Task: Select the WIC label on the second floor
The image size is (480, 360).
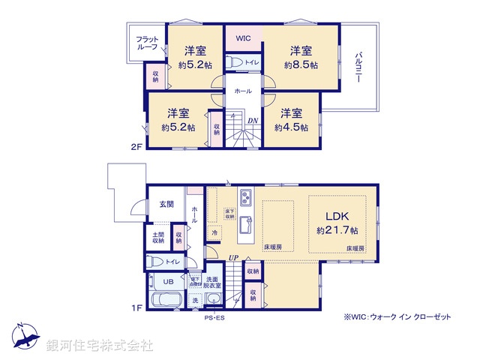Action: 244,38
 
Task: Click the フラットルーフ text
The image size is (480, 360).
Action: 147,43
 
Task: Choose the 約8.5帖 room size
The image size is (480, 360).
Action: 301,65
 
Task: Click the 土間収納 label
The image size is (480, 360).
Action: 159,238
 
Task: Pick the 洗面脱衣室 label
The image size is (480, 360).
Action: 214,283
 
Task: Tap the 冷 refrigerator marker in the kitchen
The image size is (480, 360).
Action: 214,232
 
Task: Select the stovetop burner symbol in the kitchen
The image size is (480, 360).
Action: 247,198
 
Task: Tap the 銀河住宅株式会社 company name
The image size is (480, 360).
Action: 100,346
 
